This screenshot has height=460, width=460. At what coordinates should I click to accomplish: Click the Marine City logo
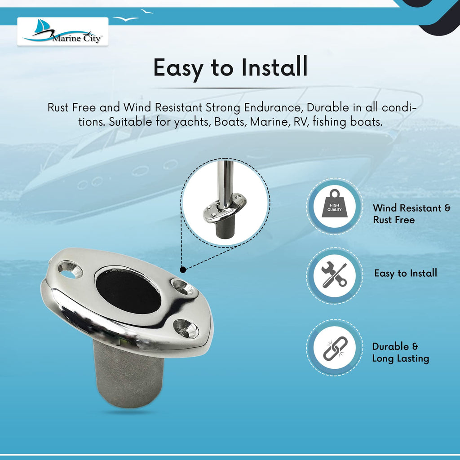[x=62, y=31]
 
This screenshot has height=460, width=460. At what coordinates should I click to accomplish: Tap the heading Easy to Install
[x=230, y=68]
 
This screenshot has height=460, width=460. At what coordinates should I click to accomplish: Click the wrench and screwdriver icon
[x=334, y=274]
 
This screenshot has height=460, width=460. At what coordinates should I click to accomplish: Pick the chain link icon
[x=335, y=348]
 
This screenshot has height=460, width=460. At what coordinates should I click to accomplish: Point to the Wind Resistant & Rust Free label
[x=411, y=214]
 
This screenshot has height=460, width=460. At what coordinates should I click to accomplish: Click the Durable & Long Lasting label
[x=400, y=352]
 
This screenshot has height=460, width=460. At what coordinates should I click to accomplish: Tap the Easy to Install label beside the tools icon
[x=406, y=273]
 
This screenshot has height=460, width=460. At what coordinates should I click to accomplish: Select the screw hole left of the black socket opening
[x=70, y=270]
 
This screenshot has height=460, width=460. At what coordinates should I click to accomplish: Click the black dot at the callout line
[x=183, y=270]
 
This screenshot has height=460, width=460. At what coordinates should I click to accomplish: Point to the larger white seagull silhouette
[x=126, y=19]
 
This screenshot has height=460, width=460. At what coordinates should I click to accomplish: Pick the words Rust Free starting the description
[x=71, y=108]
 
